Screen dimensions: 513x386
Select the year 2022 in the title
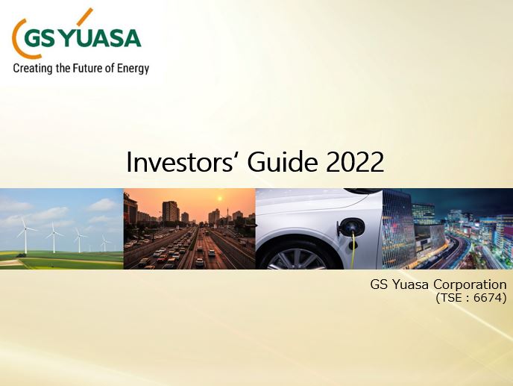[x=355, y=162]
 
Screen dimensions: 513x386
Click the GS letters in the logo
[x=40, y=39]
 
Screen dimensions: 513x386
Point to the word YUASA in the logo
[x=99, y=38]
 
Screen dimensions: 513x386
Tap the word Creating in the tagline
[x=33, y=69]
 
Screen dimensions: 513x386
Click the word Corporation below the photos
[x=470, y=284]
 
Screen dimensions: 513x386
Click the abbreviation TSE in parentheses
[x=451, y=298]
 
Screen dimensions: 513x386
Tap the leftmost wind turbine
[x=25, y=235]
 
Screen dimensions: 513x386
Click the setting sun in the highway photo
[x=219, y=199]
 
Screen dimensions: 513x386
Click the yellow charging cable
[x=353, y=250]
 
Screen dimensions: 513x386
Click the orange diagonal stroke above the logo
[x=84, y=16]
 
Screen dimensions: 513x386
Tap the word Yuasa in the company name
[x=409, y=284]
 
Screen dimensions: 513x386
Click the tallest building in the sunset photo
[x=171, y=211]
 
